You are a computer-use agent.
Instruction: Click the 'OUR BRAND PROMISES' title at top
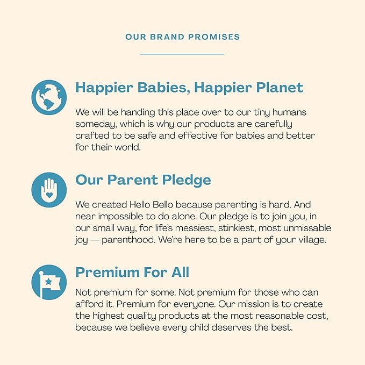click(182, 37)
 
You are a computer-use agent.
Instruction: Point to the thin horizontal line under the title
click(182, 54)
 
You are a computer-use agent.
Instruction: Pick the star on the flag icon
click(47, 280)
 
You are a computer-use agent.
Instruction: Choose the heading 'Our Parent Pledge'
click(143, 180)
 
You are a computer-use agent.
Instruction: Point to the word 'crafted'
click(92, 135)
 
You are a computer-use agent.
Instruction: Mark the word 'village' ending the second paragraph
click(309, 240)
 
